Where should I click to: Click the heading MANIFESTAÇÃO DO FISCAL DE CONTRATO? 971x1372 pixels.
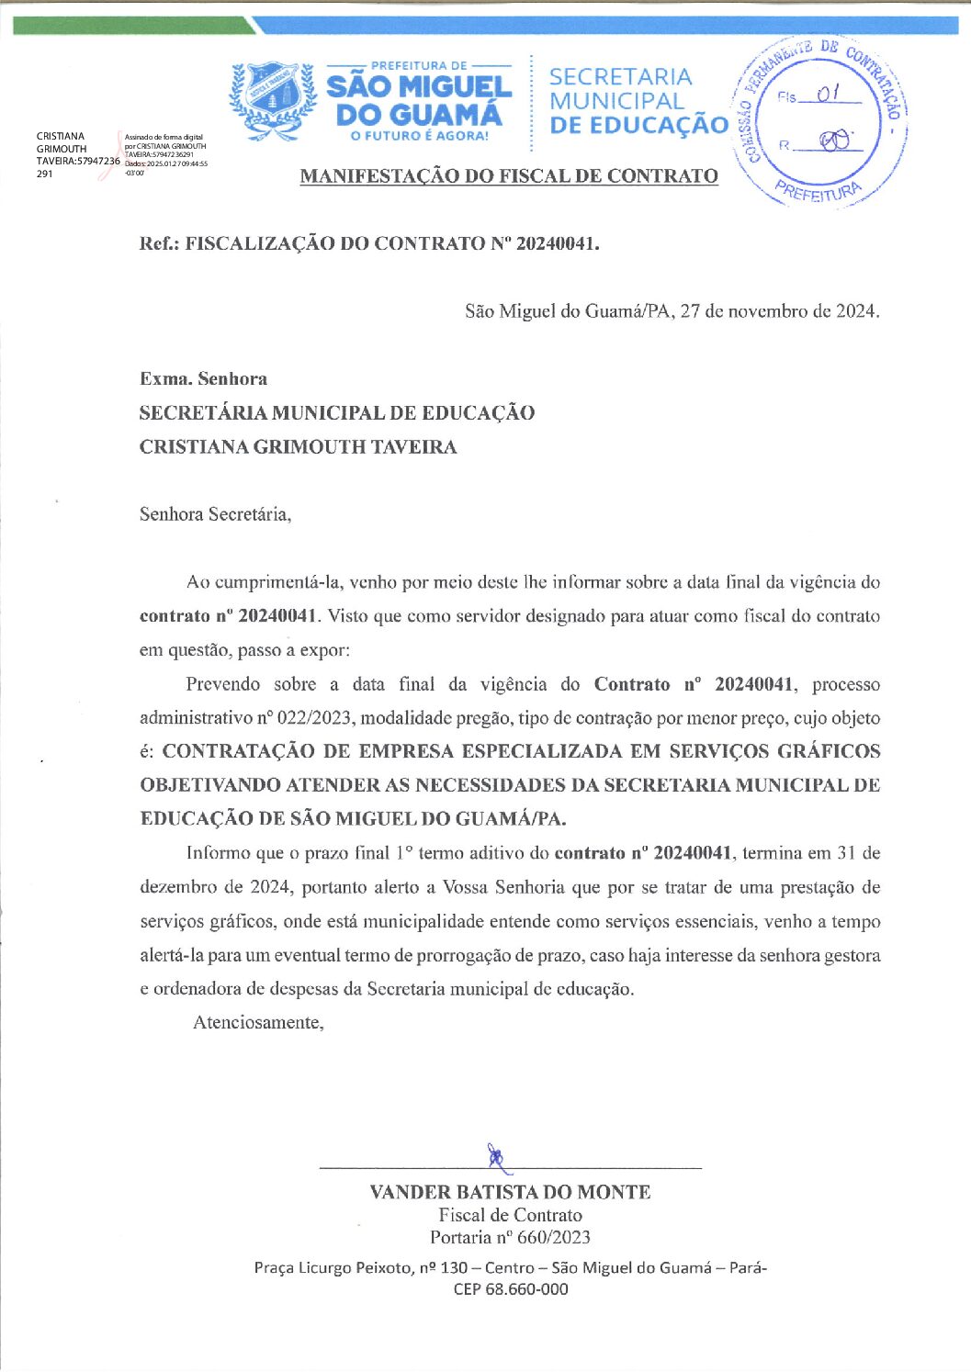tap(509, 175)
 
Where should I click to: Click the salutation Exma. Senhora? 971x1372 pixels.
tap(203, 378)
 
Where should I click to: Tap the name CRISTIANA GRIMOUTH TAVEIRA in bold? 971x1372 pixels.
tap(298, 447)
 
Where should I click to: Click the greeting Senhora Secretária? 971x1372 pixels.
tap(215, 514)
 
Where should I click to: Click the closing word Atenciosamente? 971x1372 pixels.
tap(258, 1022)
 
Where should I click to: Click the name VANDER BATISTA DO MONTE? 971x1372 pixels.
tap(510, 1192)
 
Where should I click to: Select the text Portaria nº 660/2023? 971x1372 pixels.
tap(510, 1237)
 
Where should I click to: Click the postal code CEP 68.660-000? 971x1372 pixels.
tap(510, 1288)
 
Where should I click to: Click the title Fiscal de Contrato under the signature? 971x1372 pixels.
tap(510, 1215)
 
